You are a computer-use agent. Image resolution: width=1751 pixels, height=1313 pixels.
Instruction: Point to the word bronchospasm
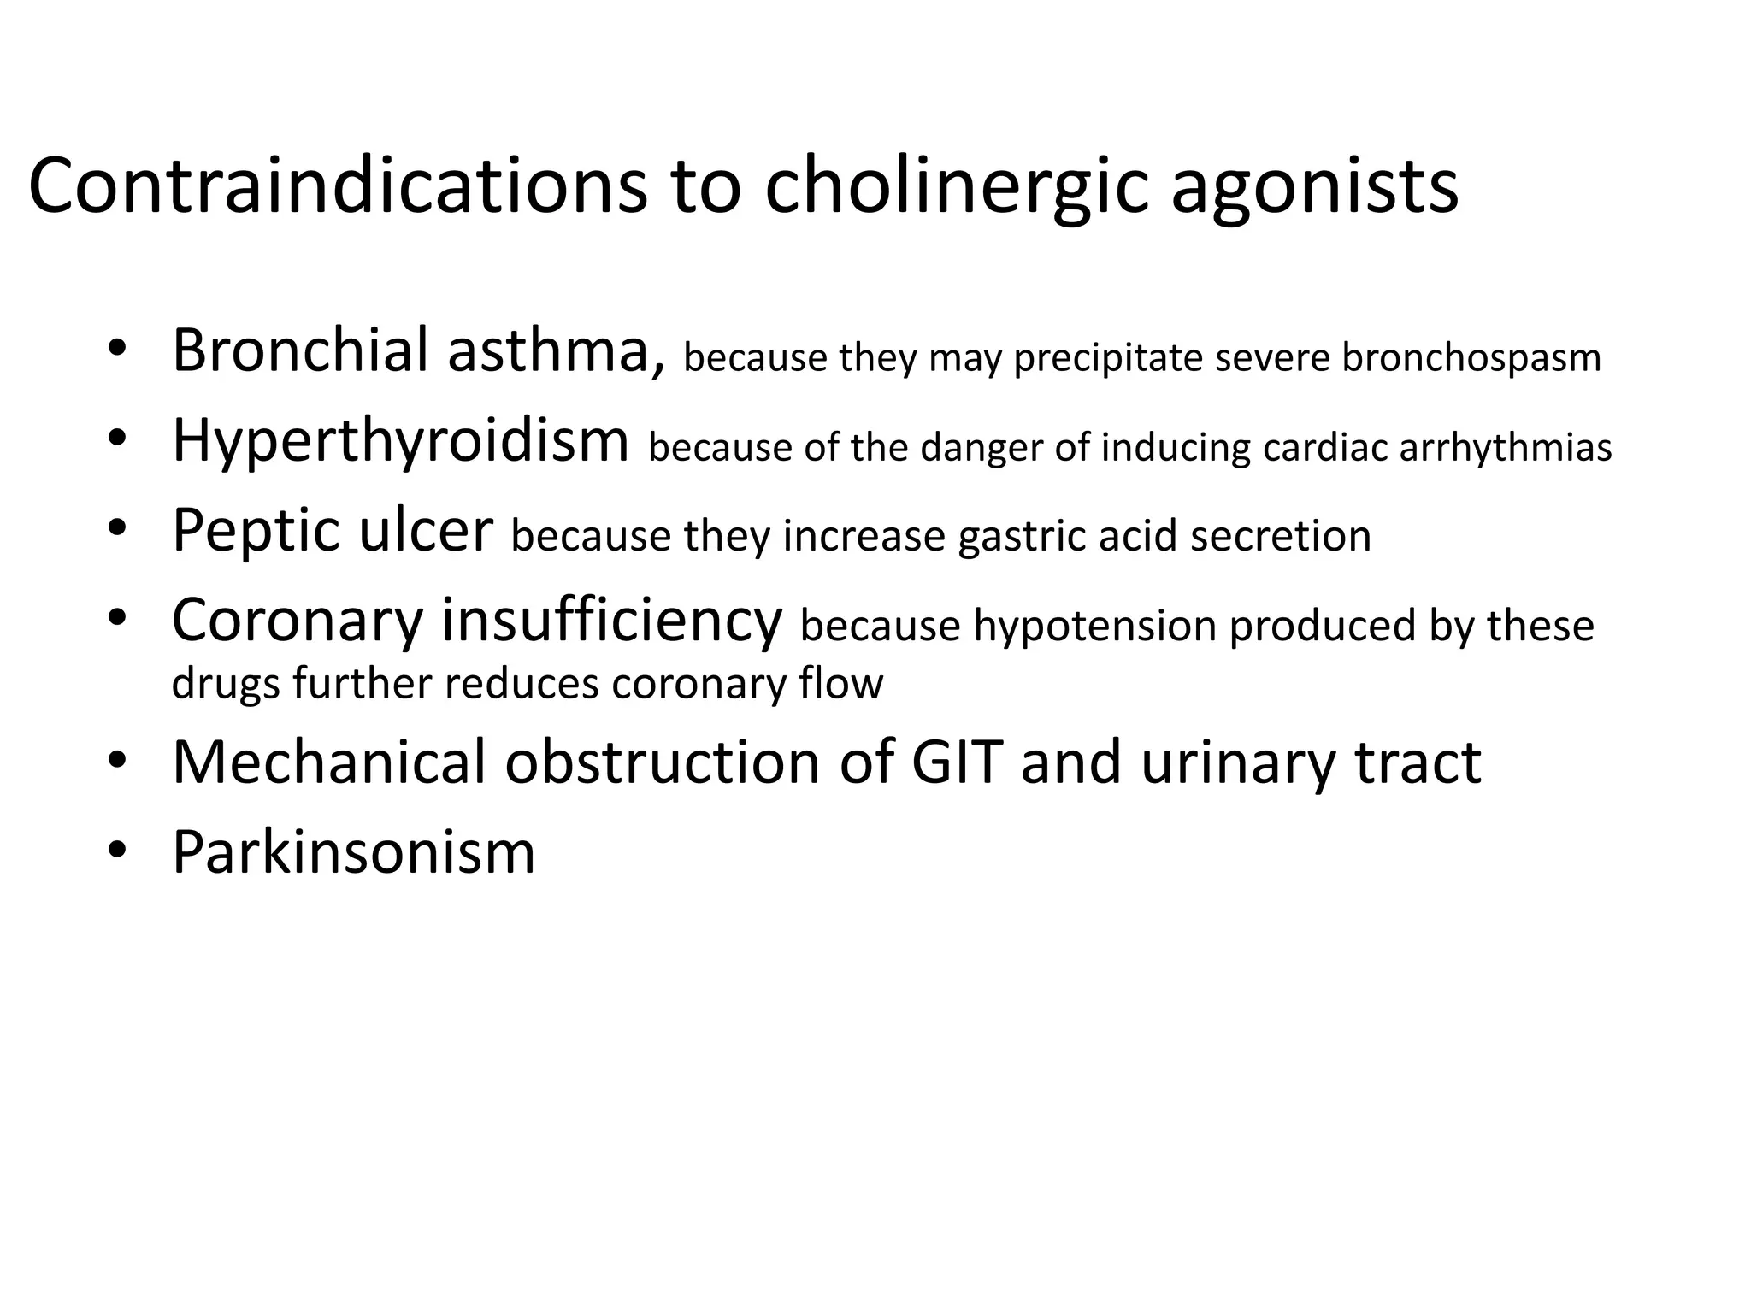click(x=1471, y=357)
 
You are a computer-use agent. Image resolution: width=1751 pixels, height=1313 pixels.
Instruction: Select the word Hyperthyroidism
click(x=400, y=441)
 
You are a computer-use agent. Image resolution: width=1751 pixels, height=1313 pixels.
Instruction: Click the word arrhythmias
click(x=1505, y=448)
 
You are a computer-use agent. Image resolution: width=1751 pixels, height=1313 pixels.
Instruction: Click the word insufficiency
click(x=611, y=621)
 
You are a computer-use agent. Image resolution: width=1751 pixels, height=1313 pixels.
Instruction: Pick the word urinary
click(x=1236, y=763)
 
